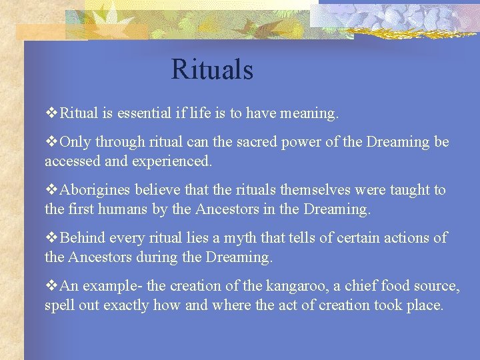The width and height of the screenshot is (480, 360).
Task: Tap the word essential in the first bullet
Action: [x=142, y=113]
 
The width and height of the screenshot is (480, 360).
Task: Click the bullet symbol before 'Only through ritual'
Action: [x=51, y=142]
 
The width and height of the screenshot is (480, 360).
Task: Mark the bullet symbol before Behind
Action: [x=51, y=238]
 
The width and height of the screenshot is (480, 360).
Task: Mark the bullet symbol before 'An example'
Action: [x=51, y=286]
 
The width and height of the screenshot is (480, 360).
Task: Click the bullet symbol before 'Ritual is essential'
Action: [x=51, y=113]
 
